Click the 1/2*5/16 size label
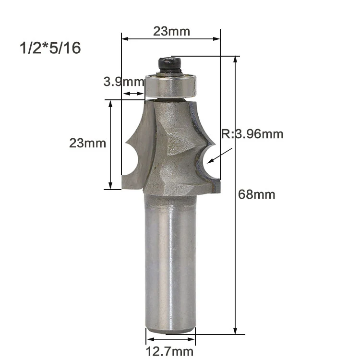(50, 48)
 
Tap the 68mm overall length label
(256, 195)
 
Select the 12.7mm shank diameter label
(169, 351)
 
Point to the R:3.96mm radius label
(252, 134)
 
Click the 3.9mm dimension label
(124, 82)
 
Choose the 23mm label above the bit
(171, 31)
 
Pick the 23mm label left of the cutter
(87, 143)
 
